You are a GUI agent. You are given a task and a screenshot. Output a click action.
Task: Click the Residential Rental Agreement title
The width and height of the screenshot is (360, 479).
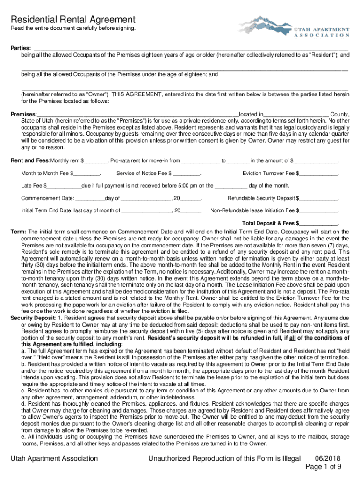click(x=73, y=20)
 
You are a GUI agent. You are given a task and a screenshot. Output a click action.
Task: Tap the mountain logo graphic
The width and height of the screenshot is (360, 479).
click(x=264, y=26)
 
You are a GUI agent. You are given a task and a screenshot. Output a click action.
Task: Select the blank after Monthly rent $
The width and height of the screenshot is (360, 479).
click(x=96, y=161)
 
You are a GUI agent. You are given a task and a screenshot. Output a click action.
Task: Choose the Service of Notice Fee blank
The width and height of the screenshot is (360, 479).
click(x=187, y=174)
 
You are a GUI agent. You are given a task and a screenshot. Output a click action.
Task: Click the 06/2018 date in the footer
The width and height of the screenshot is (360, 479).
click(x=324, y=459)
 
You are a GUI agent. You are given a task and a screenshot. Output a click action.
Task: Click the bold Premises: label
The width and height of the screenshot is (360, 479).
click(x=23, y=115)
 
